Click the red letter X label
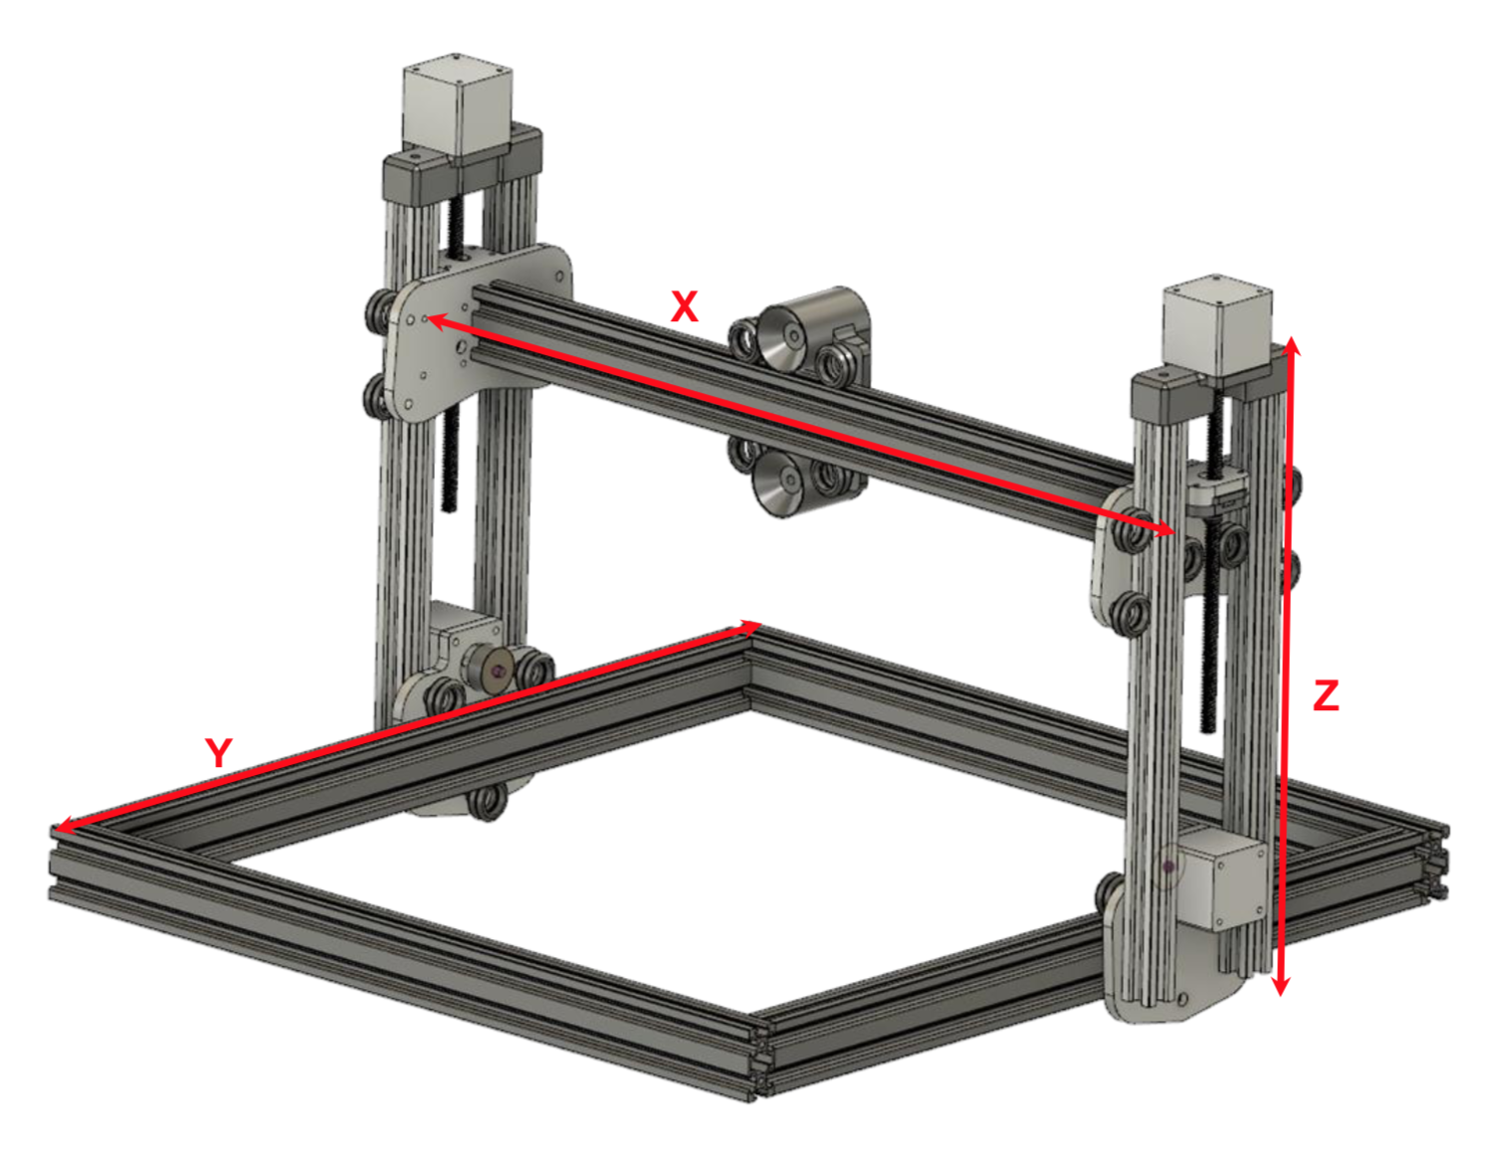click(684, 306)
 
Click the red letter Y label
click(219, 752)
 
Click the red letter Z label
click(1326, 694)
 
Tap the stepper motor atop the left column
click(457, 107)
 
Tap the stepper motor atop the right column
click(1216, 323)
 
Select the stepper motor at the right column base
click(1222, 878)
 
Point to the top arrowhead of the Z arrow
click(1291, 345)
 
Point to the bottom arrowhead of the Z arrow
click(1282, 987)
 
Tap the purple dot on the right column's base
click(1168, 868)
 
